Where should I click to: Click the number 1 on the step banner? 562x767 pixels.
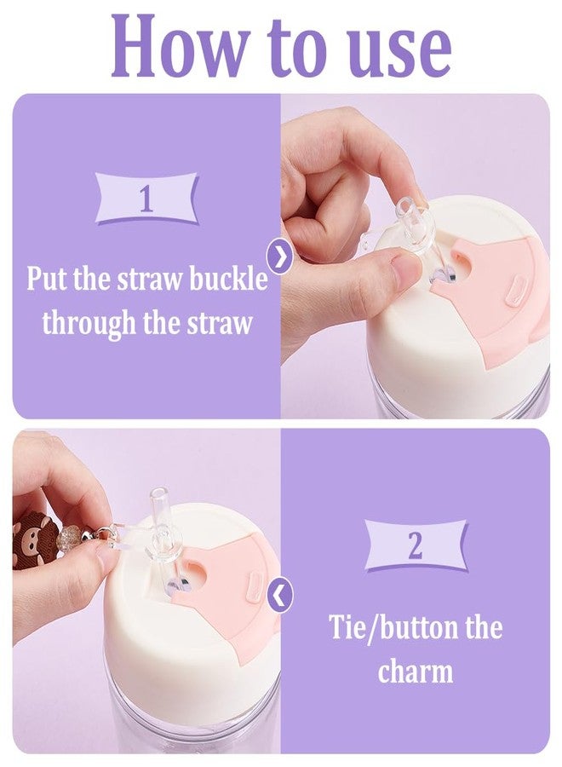(146, 199)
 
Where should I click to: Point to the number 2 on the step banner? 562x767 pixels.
(415, 545)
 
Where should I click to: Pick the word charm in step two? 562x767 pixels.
(416, 671)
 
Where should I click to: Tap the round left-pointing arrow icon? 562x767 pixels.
(279, 594)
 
